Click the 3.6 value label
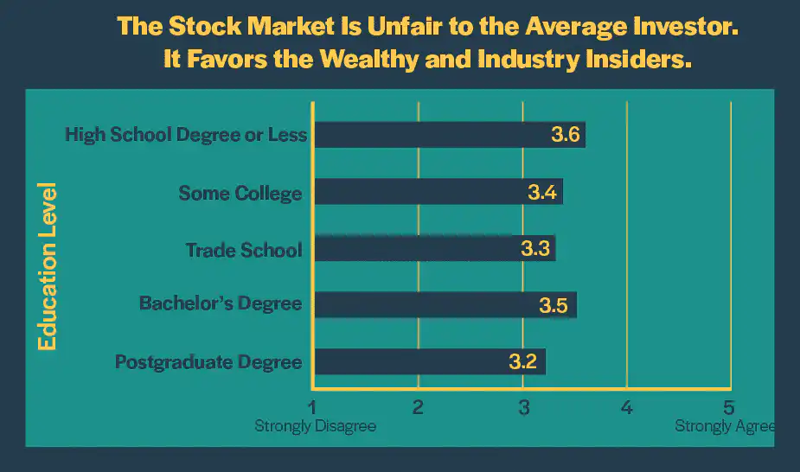(x=567, y=135)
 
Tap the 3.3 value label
(x=536, y=249)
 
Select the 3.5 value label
(x=555, y=305)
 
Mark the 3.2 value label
(x=525, y=361)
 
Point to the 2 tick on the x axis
(x=418, y=407)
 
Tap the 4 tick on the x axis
(x=627, y=407)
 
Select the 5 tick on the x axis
(x=731, y=407)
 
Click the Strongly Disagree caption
(x=316, y=426)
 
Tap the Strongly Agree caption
(x=725, y=426)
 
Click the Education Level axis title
(x=48, y=265)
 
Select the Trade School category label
(x=244, y=250)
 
